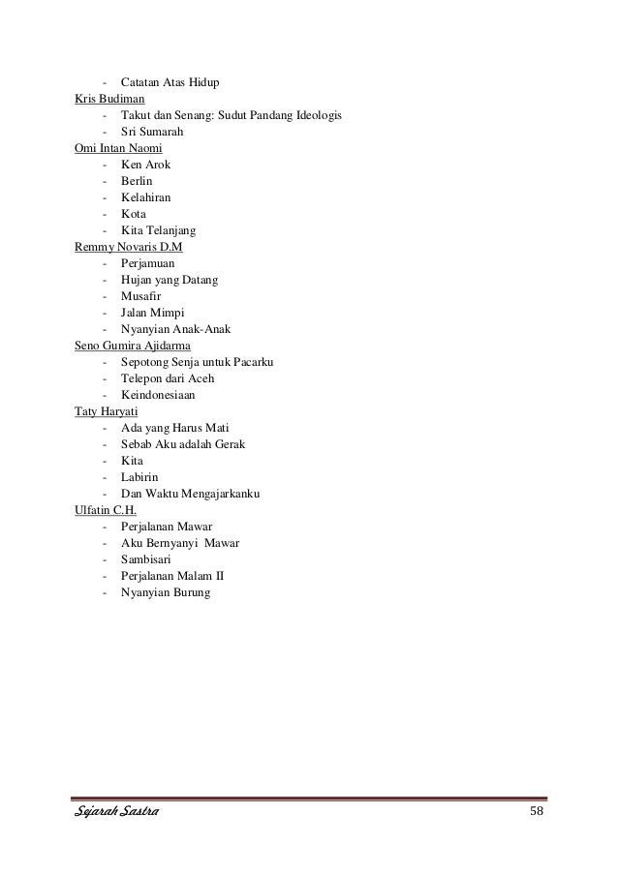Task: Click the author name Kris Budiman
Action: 110,98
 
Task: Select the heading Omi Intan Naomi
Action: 118,147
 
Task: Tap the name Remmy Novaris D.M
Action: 129,247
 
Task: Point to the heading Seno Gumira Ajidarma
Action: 133,346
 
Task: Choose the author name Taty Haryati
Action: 107,411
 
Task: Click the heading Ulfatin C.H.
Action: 106,510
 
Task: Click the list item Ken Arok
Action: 145,165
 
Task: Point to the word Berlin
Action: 137,181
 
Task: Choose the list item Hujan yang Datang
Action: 170,280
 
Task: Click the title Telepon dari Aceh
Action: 168,378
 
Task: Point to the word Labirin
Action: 140,477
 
